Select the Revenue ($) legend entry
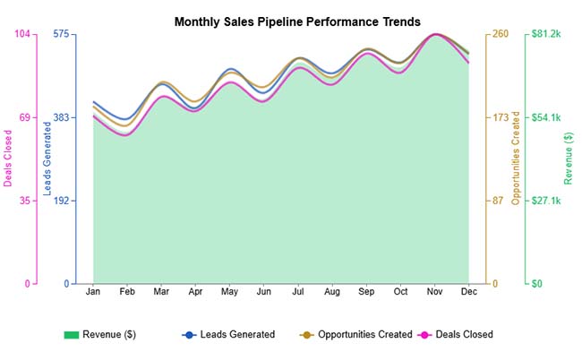pos(99,335)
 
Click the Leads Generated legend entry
pos(228,335)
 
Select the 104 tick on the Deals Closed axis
pos(21,34)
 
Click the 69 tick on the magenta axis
pos(24,117)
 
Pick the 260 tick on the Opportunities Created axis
pos(501,34)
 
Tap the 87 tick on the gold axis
pos(498,201)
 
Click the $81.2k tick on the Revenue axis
pos(545,34)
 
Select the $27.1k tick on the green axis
pos(545,201)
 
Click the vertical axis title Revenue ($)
pos(569,159)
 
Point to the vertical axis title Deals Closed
pos(8,159)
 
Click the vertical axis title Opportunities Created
pos(516,159)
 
